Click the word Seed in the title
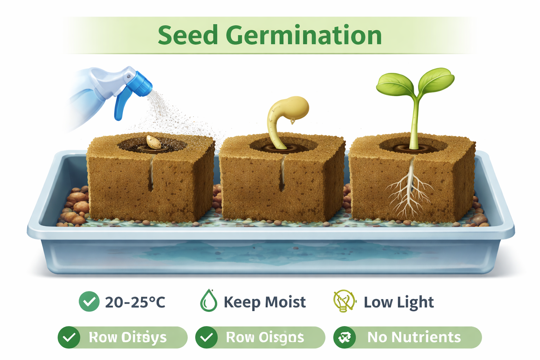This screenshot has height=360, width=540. [188, 35]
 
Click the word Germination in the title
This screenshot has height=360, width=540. [303, 35]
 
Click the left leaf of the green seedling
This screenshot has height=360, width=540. [394, 84]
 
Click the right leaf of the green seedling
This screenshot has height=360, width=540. [436, 79]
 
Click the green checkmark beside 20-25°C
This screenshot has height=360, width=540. [89, 302]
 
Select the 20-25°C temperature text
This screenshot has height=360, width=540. [135, 302]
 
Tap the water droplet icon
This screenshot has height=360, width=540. [208, 301]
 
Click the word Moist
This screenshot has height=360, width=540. [285, 302]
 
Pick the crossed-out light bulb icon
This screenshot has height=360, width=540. [344, 301]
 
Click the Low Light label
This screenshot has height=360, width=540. [399, 302]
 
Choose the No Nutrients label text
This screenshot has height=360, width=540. [414, 337]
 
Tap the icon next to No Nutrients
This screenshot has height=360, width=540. [344, 337]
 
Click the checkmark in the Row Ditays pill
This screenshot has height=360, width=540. [69, 337]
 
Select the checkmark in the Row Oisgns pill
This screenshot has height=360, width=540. [206, 337]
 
